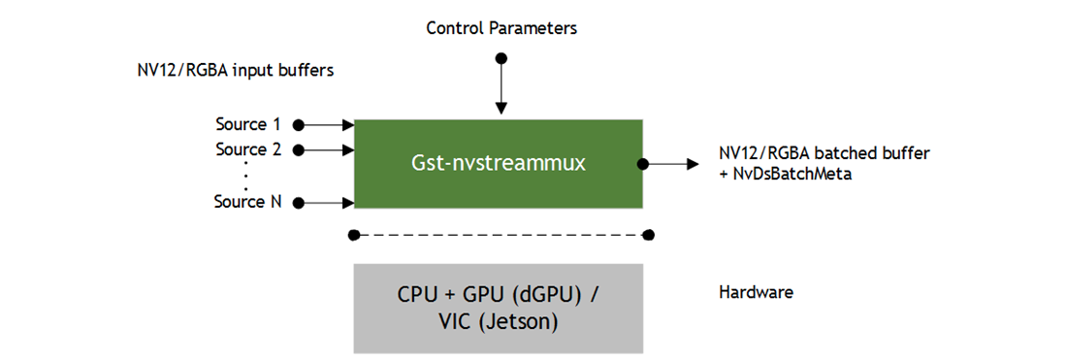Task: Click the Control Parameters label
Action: click(501, 28)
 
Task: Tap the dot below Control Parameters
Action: click(501, 58)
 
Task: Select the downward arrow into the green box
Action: click(501, 92)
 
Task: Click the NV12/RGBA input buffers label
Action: click(237, 71)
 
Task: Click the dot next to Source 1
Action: click(299, 124)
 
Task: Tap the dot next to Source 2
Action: click(299, 149)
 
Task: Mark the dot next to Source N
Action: click(299, 203)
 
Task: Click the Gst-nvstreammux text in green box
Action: click(499, 163)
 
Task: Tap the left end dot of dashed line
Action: click(355, 235)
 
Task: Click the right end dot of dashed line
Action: click(648, 235)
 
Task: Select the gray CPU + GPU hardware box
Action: click(499, 308)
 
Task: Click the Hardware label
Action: click(756, 292)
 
